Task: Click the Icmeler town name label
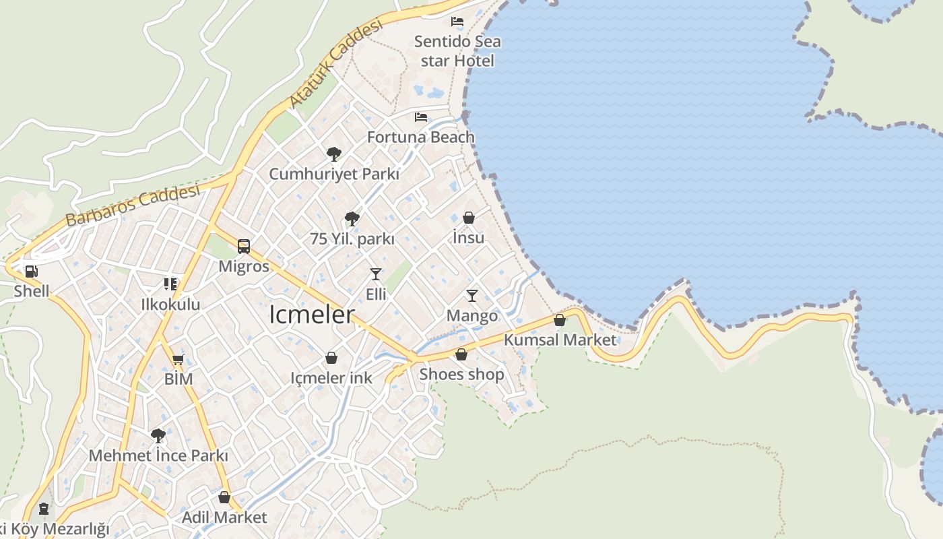pyautogui.click(x=312, y=315)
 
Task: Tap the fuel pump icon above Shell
pyautogui.click(x=31, y=272)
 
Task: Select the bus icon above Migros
pyautogui.click(x=244, y=247)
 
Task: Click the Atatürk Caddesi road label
pyautogui.click(x=335, y=63)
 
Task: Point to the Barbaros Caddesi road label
pyautogui.click(x=133, y=205)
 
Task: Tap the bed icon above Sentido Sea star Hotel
pyautogui.click(x=457, y=22)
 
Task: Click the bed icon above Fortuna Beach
pyautogui.click(x=421, y=117)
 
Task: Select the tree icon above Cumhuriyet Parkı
pyautogui.click(x=333, y=154)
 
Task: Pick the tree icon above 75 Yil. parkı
pyautogui.click(x=352, y=219)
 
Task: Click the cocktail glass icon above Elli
pyautogui.click(x=376, y=274)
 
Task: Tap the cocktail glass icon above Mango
pyautogui.click(x=472, y=296)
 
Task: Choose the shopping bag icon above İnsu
pyautogui.click(x=469, y=218)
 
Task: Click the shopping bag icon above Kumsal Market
pyautogui.click(x=560, y=320)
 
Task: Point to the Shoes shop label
pyautogui.click(x=461, y=374)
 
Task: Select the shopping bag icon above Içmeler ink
pyautogui.click(x=331, y=358)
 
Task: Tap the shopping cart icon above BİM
pyautogui.click(x=178, y=359)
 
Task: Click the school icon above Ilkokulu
pyautogui.click(x=170, y=284)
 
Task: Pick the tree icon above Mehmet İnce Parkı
pyautogui.click(x=158, y=436)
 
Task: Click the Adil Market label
pyautogui.click(x=224, y=517)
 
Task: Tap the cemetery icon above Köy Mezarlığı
pyautogui.click(x=44, y=508)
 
